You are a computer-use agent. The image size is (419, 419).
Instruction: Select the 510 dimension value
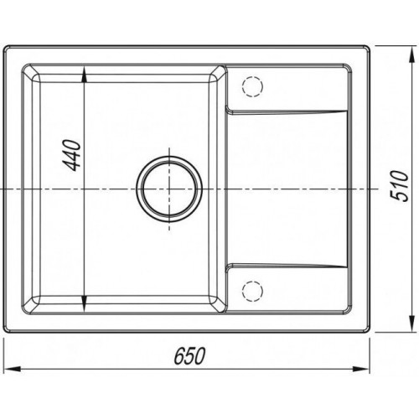(402, 186)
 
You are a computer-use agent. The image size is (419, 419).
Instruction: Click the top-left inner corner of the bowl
(40, 78)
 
